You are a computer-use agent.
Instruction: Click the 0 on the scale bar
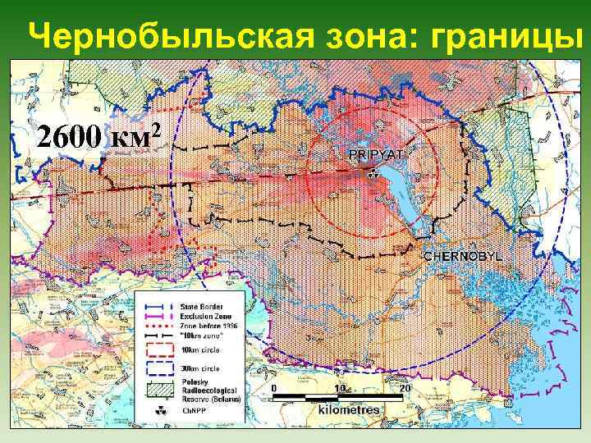(x=273, y=386)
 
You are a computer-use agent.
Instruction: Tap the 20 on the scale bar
(x=402, y=386)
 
